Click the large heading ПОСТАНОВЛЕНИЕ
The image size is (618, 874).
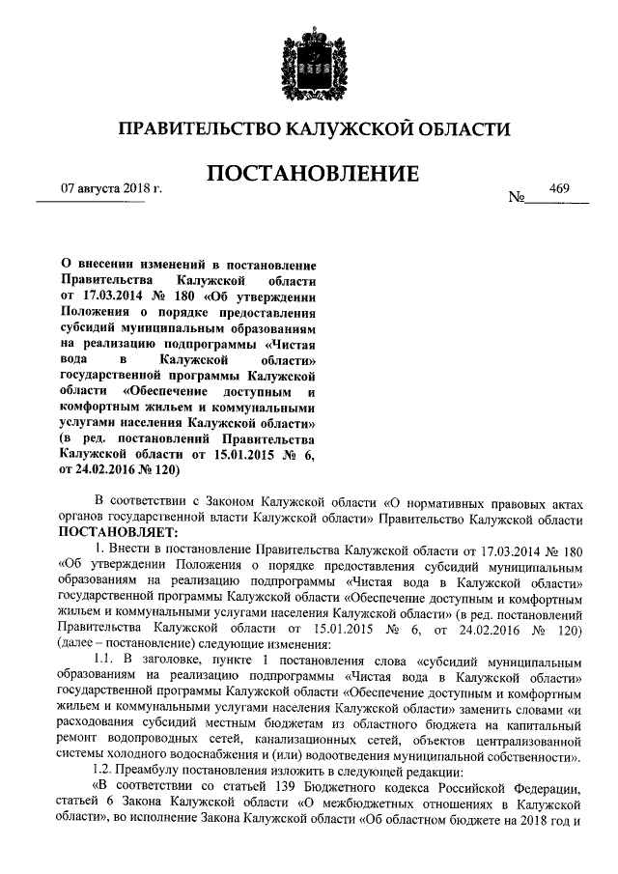click(x=309, y=174)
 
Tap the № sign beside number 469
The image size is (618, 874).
click(x=517, y=200)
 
